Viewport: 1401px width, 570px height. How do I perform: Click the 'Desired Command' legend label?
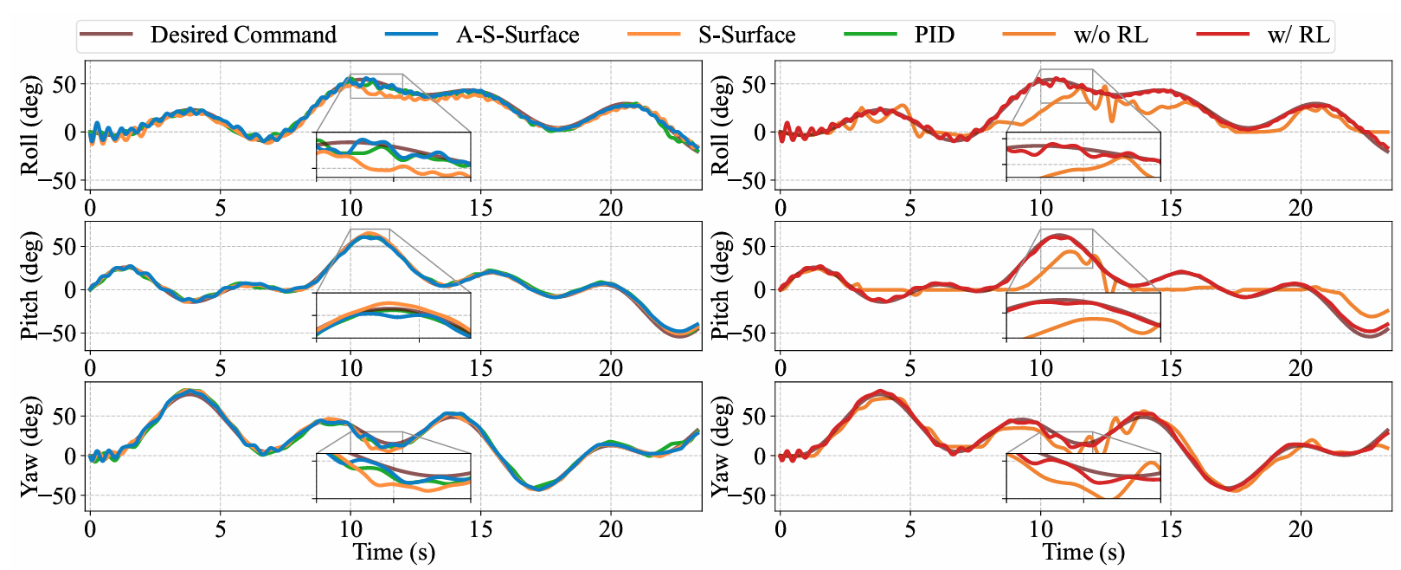pyautogui.click(x=243, y=36)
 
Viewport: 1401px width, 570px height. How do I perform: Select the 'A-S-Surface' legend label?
pyautogui.click(x=517, y=36)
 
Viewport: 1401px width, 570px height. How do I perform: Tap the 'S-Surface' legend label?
pyautogui.click(x=747, y=36)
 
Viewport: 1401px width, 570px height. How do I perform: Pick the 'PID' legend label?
pyautogui.click(x=935, y=36)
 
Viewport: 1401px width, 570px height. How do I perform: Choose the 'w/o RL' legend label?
pyautogui.click(x=1111, y=36)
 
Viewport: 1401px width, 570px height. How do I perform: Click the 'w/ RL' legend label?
pyautogui.click(x=1298, y=36)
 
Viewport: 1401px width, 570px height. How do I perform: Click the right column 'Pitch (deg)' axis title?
pyautogui.click(x=720, y=285)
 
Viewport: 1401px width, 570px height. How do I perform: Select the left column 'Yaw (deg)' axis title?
pyautogui.click(x=30, y=446)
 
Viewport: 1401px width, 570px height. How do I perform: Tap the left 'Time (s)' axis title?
pyautogui.click(x=394, y=553)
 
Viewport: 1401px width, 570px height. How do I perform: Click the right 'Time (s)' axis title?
pyautogui.click(x=1083, y=553)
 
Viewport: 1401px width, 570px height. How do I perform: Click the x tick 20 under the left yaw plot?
pyautogui.click(x=611, y=528)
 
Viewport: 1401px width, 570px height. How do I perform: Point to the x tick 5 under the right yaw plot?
pyautogui.click(x=910, y=528)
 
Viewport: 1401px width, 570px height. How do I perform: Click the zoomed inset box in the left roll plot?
pyautogui.click(x=393, y=156)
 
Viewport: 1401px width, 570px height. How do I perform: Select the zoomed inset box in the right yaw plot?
pyautogui.click(x=1083, y=476)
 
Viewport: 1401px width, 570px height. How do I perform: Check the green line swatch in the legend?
pyautogui.click(x=871, y=35)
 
